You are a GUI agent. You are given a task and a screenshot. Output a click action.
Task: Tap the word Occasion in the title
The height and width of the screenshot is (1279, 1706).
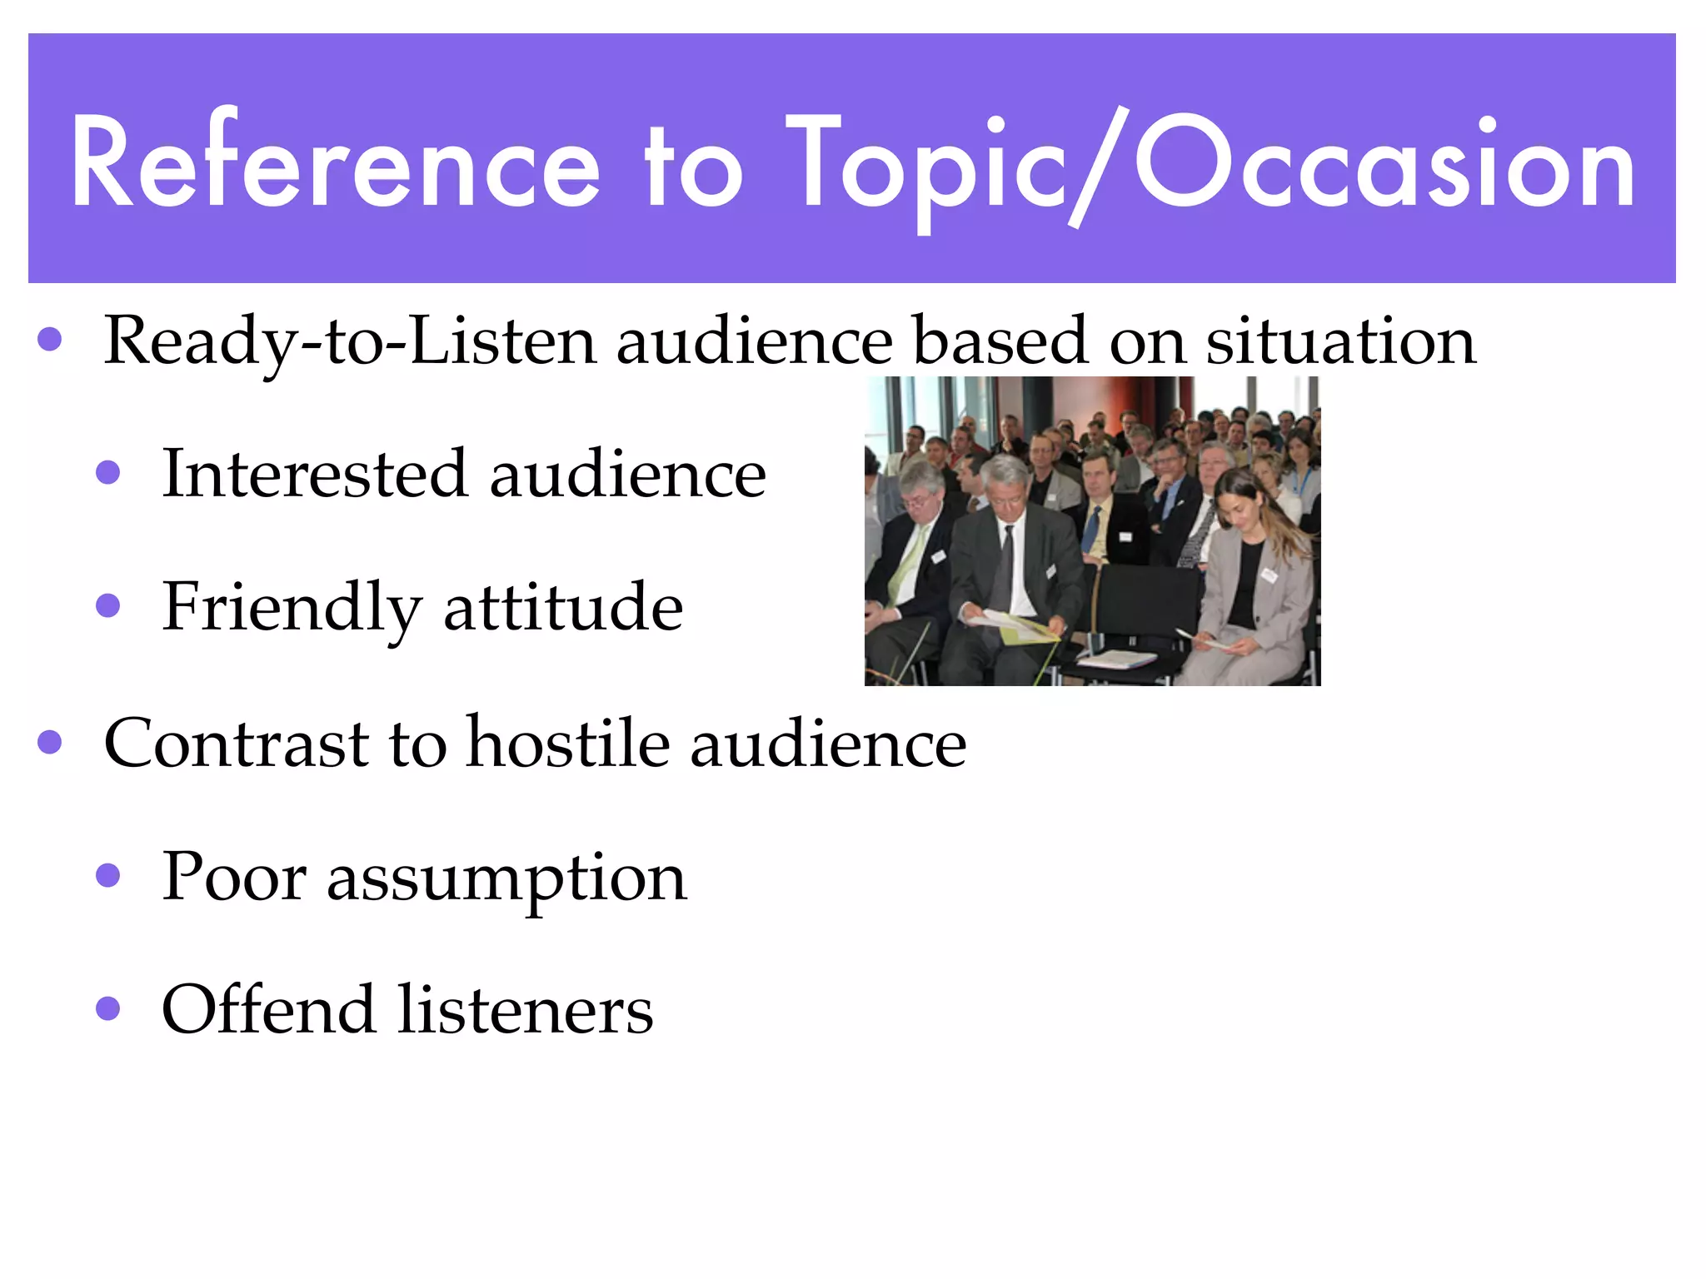(x=1383, y=162)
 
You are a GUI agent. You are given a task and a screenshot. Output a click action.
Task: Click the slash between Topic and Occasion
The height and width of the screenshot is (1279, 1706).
(x=1100, y=167)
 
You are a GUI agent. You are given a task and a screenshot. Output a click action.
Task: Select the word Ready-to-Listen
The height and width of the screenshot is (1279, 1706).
(x=350, y=341)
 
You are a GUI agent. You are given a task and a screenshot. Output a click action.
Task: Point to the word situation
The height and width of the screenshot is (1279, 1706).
(x=1341, y=341)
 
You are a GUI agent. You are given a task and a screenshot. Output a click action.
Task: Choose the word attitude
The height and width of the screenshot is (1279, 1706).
(x=563, y=608)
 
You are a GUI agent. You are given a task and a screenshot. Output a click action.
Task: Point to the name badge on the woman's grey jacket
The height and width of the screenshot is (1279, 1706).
(x=1269, y=575)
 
